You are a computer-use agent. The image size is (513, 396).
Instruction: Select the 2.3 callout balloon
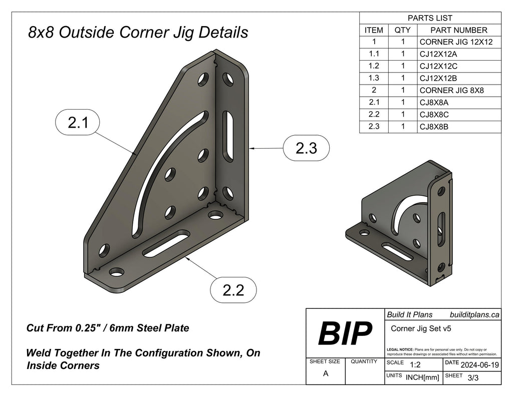click(306, 148)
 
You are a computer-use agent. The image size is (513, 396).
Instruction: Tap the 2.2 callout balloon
click(233, 289)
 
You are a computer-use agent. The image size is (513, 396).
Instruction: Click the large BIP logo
click(345, 333)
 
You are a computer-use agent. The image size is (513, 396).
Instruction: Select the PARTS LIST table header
click(430, 18)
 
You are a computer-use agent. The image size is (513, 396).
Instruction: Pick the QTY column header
click(402, 30)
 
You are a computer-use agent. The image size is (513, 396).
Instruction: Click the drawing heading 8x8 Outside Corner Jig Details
click(138, 33)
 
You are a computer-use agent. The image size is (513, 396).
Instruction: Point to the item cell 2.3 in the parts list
click(374, 127)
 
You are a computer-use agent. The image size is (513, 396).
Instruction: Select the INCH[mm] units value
click(422, 378)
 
